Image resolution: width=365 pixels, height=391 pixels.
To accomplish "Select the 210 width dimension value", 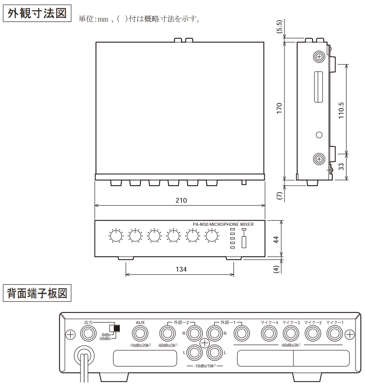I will (x=181, y=200).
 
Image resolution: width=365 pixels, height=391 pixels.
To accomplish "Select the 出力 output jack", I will (x=88, y=333).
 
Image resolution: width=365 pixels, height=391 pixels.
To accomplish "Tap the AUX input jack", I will (x=140, y=333).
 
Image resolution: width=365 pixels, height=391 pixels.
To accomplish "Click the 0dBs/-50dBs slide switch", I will (x=114, y=328).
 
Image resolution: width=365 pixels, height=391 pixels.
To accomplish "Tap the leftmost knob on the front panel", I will (x=115, y=237).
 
